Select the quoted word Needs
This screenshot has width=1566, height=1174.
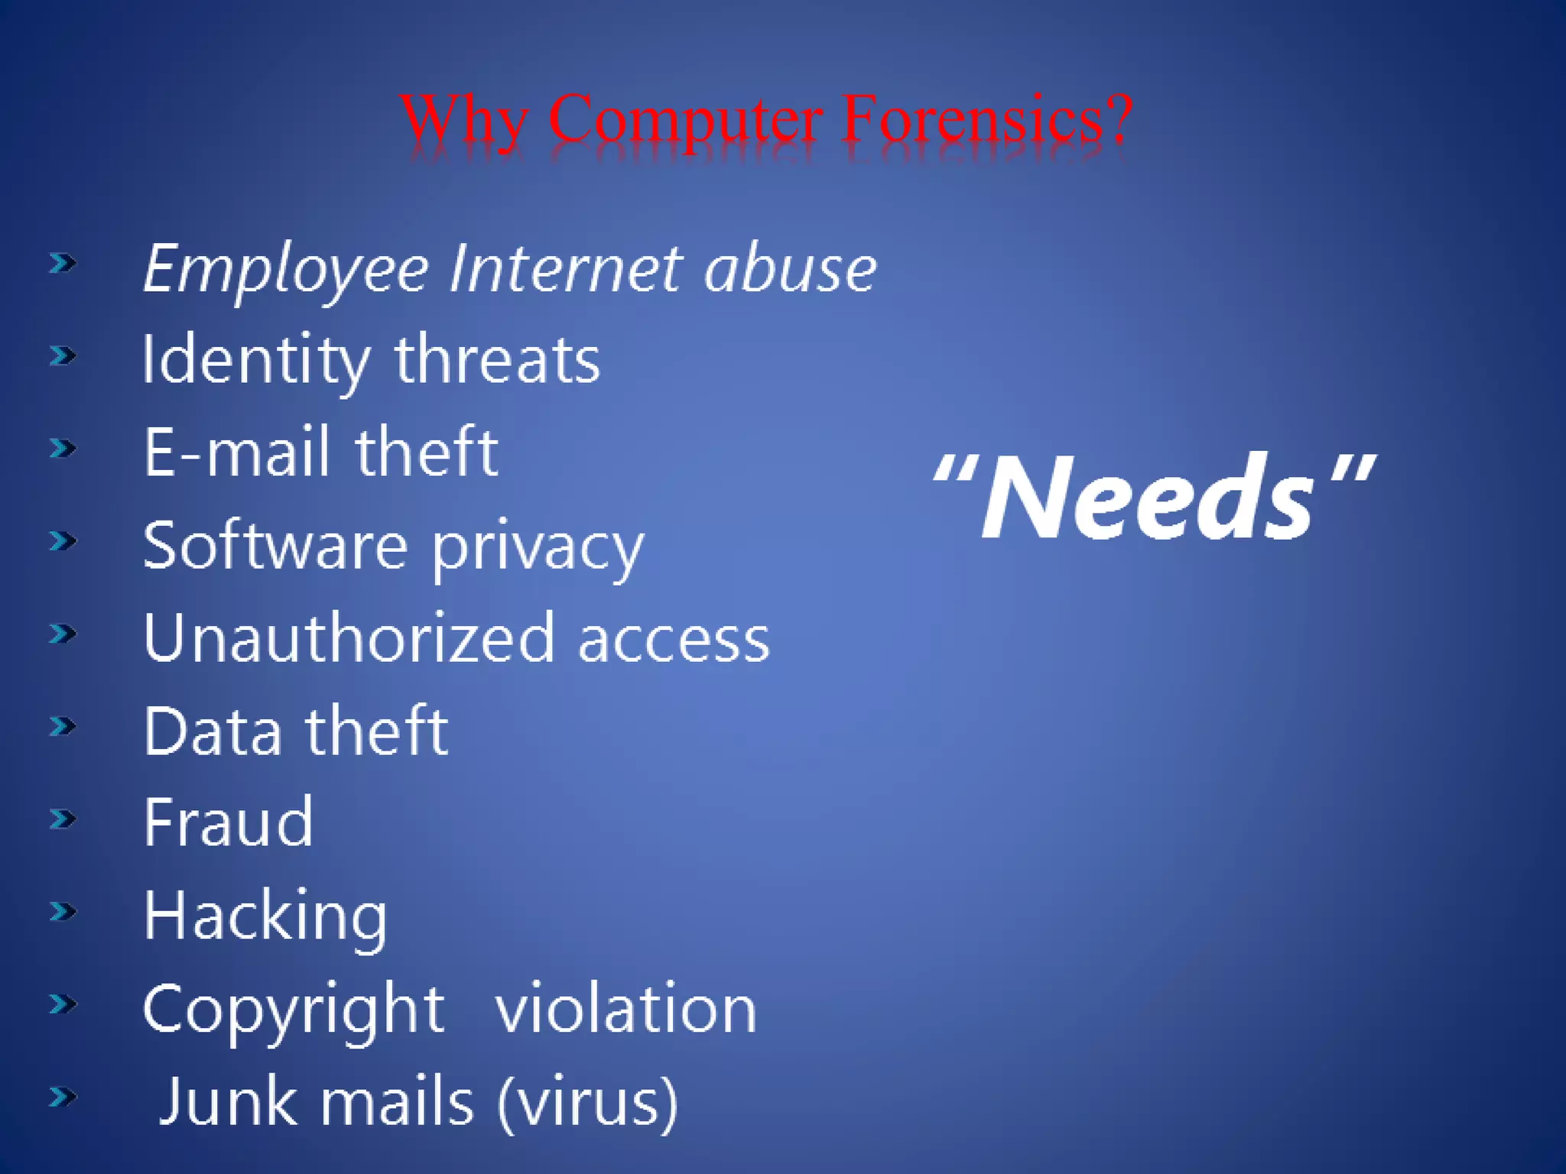(1152, 497)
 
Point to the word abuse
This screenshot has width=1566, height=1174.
(790, 270)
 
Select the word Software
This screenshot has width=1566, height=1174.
(275, 546)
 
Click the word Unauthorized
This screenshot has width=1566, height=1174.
(349, 638)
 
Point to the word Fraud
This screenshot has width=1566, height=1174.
(229, 822)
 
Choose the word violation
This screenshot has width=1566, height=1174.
(625, 1009)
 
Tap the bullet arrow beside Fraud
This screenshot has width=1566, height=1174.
(63, 819)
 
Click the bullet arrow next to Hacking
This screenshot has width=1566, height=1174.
(63, 911)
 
